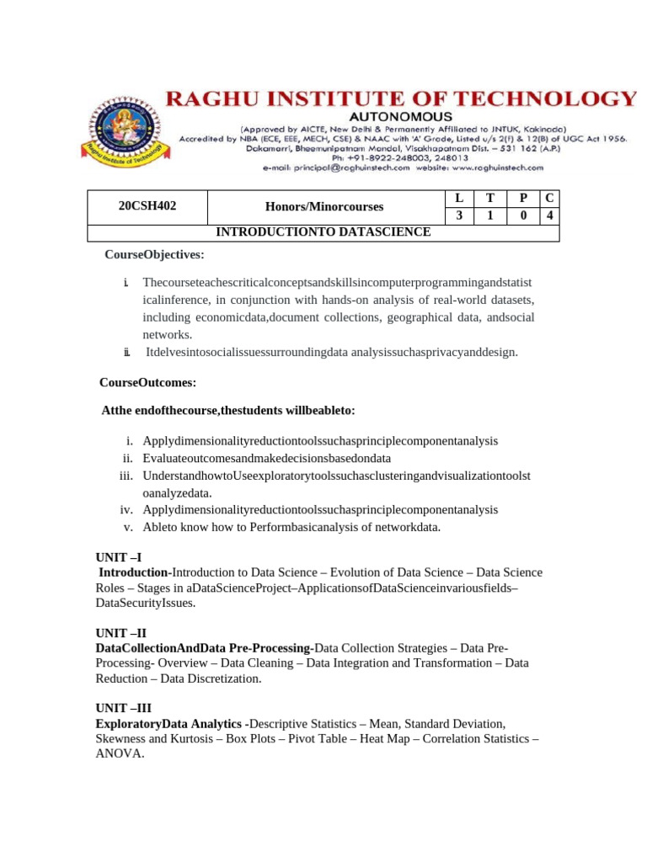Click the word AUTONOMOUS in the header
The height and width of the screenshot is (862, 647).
401,116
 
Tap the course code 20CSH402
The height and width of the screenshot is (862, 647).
147,206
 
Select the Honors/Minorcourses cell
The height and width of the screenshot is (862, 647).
324,206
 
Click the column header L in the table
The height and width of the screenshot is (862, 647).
459,198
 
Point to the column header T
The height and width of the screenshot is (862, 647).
490,198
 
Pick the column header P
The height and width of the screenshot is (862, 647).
523,198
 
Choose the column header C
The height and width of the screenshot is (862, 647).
549,198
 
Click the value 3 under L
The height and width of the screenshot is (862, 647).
459,215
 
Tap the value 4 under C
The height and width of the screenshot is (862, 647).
549,215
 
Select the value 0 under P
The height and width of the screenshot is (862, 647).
523,215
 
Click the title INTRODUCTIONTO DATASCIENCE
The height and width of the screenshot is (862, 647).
324,232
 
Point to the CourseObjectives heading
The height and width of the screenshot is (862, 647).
154,254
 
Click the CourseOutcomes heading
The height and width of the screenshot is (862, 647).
147,382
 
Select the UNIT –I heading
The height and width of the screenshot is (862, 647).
119,557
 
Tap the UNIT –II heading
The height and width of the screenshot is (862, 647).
121,632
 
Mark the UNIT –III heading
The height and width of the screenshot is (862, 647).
124,708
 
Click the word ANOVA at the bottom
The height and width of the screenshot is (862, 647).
120,754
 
